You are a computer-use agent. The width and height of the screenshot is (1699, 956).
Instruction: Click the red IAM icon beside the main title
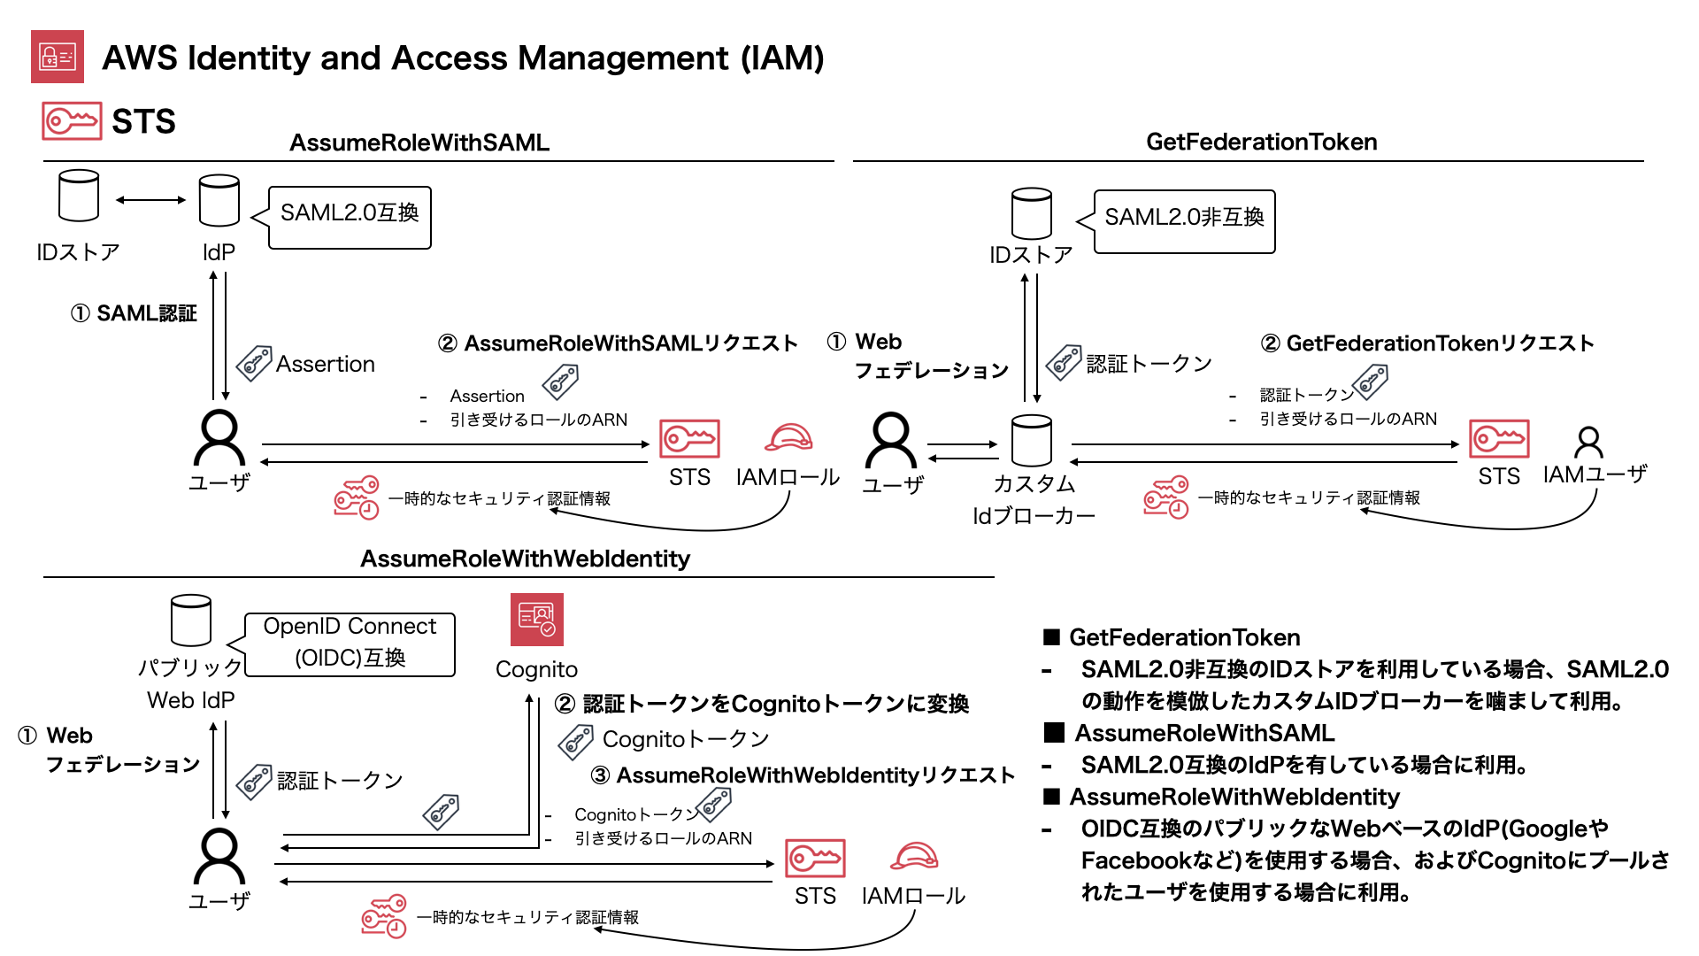pyautogui.click(x=58, y=57)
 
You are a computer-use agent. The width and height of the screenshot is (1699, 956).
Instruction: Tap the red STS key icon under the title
pyautogui.click(x=72, y=120)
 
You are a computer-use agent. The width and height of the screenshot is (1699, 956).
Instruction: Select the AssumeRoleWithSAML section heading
pyautogui.click(x=419, y=143)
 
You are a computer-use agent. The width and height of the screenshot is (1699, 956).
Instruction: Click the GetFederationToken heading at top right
pyautogui.click(x=1261, y=142)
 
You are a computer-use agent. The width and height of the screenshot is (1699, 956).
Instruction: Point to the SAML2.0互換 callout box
pyautogui.click(x=350, y=217)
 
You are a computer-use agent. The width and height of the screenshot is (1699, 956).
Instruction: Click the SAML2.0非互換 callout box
pyautogui.click(x=1184, y=221)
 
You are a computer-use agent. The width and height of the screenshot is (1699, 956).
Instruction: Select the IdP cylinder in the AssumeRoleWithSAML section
pyautogui.click(x=219, y=201)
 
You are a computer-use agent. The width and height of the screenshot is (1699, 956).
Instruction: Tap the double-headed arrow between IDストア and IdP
pyautogui.click(x=150, y=200)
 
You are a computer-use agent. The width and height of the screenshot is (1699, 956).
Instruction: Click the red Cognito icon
pyautogui.click(x=536, y=620)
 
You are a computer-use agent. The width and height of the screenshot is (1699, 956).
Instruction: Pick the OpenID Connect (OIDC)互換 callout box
pyautogui.click(x=350, y=644)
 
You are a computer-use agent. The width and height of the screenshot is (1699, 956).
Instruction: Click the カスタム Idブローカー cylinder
pyautogui.click(x=1031, y=440)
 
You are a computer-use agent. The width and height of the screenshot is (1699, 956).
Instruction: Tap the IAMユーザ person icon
pyautogui.click(x=1588, y=442)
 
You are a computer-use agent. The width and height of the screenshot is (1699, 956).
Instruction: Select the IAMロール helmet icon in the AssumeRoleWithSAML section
pyautogui.click(x=788, y=437)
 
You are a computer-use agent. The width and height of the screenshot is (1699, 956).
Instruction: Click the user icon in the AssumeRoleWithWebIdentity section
pyautogui.click(x=219, y=856)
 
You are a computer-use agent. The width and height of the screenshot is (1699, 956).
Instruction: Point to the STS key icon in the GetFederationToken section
pyautogui.click(x=1498, y=439)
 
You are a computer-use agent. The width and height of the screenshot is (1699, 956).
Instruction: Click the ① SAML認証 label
pyautogui.click(x=134, y=313)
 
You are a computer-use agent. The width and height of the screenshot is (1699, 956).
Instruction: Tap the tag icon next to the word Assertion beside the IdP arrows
pyautogui.click(x=254, y=363)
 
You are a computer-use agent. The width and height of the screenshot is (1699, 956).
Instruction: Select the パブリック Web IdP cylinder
pyautogui.click(x=190, y=621)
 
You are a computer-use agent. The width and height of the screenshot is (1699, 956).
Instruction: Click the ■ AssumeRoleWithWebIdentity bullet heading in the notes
pyautogui.click(x=1222, y=797)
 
